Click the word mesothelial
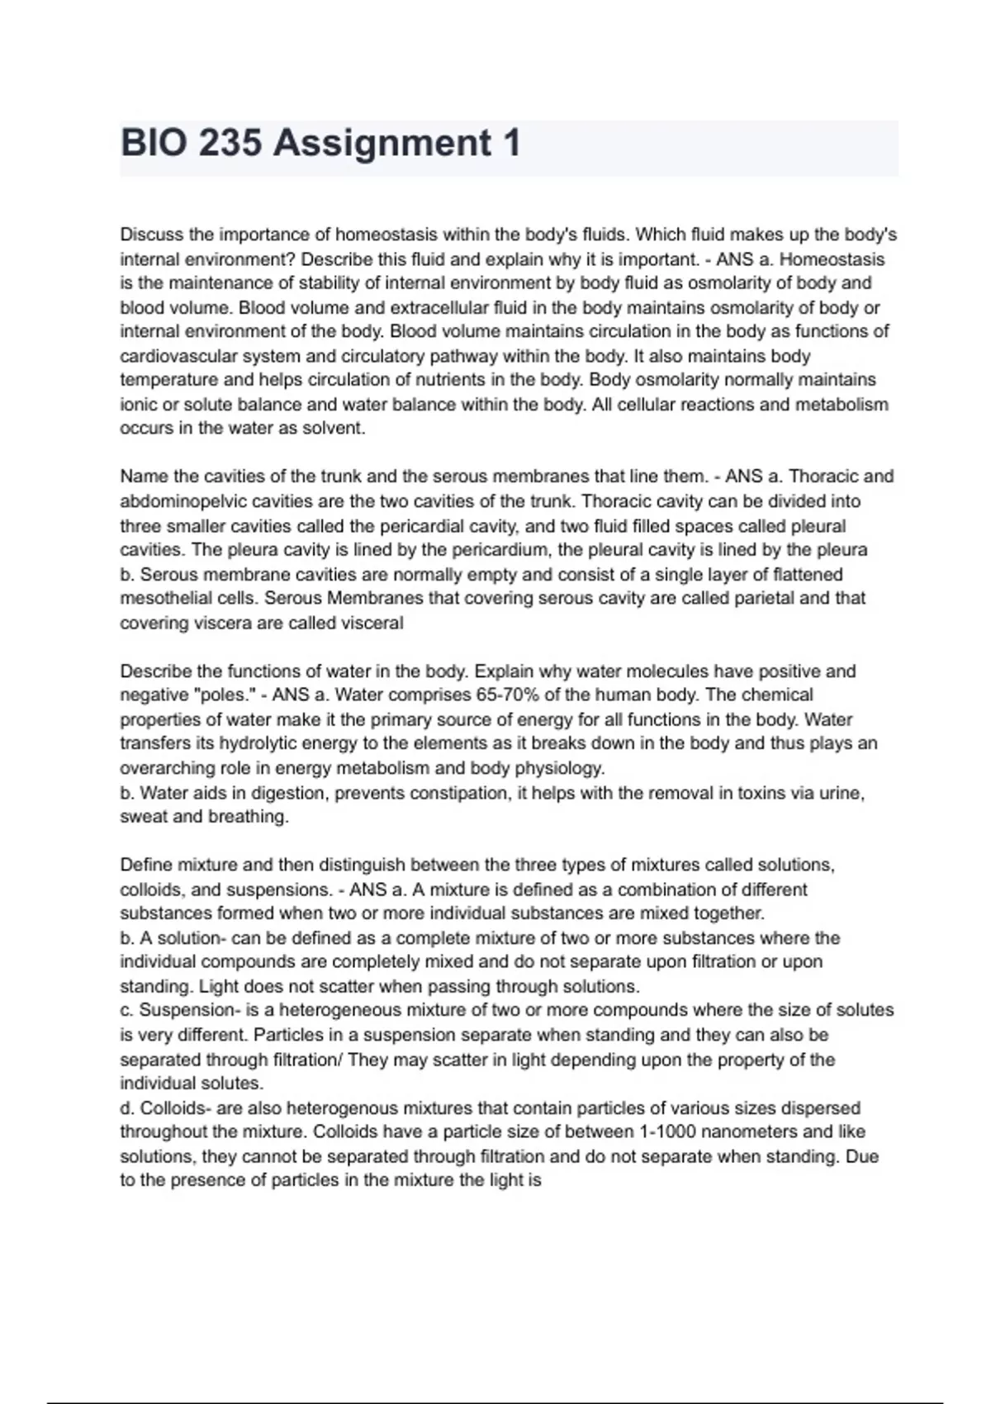pos(164,598)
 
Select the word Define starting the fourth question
pos(146,866)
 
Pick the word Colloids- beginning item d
pos(176,1108)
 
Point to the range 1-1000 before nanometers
pos(671,1132)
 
